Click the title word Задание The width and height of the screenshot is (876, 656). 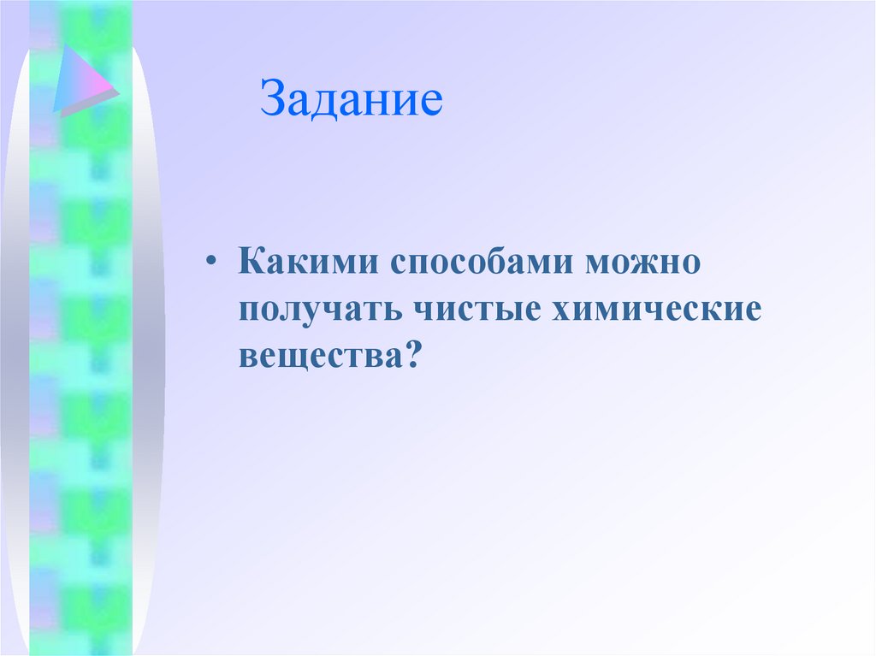click(352, 100)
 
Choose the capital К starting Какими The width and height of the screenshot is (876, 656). click(252, 261)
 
